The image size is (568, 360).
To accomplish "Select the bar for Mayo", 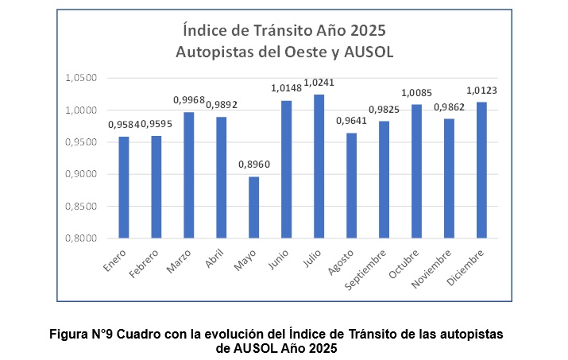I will coord(253,207).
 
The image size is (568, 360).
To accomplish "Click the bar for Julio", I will coord(319,166).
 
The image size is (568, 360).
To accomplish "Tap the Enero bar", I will coord(123,187).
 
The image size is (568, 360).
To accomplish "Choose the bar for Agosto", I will coord(351,185).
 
